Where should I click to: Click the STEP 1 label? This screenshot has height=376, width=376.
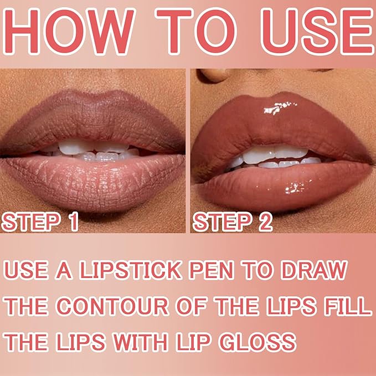(x=40, y=222)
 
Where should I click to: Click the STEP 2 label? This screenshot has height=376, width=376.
(x=233, y=222)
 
